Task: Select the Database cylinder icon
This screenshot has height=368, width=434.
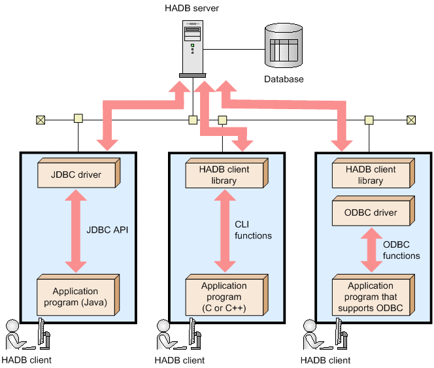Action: pyautogui.click(x=284, y=46)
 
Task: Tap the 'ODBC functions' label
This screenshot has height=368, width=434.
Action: pyautogui.click(x=401, y=250)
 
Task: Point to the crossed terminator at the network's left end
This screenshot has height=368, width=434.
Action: pyautogui.click(x=41, y=120)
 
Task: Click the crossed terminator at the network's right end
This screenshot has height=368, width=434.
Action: pyautogui.click(x=410, y=120)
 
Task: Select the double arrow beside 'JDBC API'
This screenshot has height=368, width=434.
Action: pyautogui.click(x=76, y=229)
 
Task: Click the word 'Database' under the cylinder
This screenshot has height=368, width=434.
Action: pyautogui.click(x=284, y=79)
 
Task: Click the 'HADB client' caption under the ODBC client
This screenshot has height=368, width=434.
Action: pyautogui.click(x=325, y=360)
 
